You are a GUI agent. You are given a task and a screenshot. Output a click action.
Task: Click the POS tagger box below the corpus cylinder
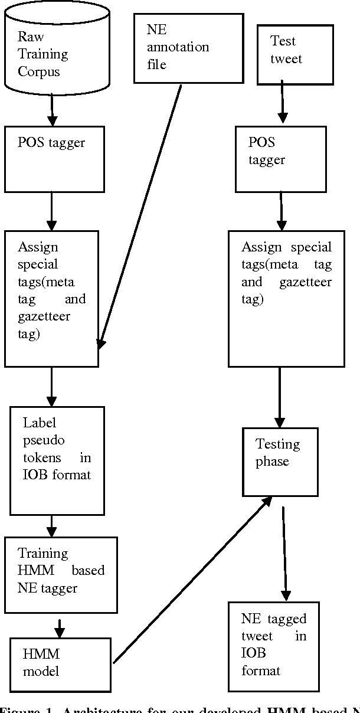[x=51, y=158]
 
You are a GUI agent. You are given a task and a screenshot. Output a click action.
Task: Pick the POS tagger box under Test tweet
[x=280, y=158]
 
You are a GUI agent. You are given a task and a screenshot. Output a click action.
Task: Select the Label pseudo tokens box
[x=57, y=460]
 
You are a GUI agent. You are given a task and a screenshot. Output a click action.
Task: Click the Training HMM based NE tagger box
[x=61, y=574]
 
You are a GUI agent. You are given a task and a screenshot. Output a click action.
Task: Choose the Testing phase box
[x=280, y=462]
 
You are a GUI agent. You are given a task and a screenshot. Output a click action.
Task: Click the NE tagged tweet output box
[x=274, y=646]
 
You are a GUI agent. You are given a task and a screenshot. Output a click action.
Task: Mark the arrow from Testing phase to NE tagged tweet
[x=285, y=554]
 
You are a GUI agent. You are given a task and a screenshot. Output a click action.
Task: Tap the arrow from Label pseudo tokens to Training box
[x=52, y=525]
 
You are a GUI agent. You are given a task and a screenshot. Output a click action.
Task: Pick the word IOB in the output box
[x=253, y=653]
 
